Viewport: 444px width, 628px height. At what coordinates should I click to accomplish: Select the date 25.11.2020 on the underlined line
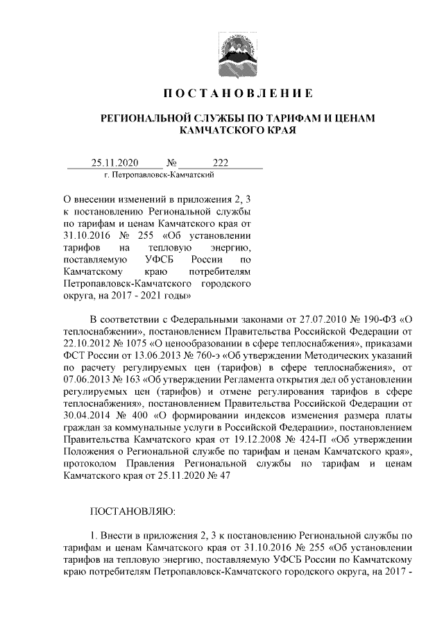115,163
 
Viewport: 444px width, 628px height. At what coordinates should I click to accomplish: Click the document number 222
221,163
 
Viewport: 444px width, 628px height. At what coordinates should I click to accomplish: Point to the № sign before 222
171,163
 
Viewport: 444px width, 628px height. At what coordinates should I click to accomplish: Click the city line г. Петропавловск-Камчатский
153,176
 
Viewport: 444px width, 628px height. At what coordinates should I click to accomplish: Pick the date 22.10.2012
86,344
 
